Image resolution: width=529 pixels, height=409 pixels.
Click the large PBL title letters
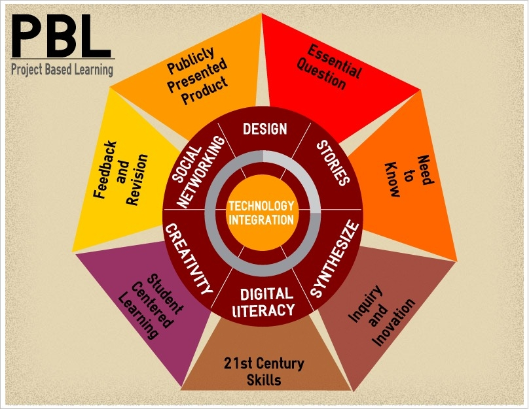61,37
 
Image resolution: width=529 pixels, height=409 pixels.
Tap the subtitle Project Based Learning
62,69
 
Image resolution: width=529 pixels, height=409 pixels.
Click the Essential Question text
329,68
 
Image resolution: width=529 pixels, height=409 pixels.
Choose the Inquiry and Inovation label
382,316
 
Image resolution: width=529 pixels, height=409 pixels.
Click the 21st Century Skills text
264,371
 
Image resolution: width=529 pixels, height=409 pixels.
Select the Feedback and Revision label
120,173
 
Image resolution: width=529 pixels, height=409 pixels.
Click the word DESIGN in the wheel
265,129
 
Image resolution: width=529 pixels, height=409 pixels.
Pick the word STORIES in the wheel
333,163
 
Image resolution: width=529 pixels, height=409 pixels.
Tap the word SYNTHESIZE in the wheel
335,259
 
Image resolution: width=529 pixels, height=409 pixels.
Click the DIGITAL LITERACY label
264,303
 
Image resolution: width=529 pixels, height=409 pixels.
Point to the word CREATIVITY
189,259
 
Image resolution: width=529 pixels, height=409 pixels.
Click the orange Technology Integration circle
262,212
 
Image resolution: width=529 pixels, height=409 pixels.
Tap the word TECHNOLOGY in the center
261,206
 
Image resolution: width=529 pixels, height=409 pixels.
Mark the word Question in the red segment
321,74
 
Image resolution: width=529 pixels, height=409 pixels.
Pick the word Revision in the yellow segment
137,180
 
